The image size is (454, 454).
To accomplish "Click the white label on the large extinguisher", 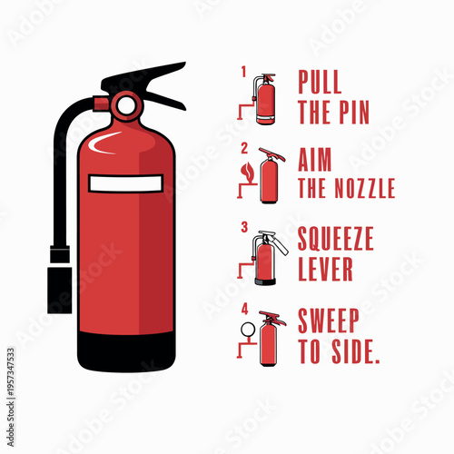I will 126,184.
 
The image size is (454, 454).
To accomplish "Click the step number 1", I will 243,69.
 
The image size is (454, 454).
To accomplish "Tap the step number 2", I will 243,148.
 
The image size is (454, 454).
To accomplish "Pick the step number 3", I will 243,226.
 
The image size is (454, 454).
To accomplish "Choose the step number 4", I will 243,306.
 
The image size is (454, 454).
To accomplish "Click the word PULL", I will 320,83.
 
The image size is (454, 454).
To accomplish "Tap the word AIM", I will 315,161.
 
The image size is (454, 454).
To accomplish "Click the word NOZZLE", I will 360,190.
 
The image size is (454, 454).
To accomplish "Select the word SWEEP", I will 329,321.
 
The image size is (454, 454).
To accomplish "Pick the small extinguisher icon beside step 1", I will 265,99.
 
